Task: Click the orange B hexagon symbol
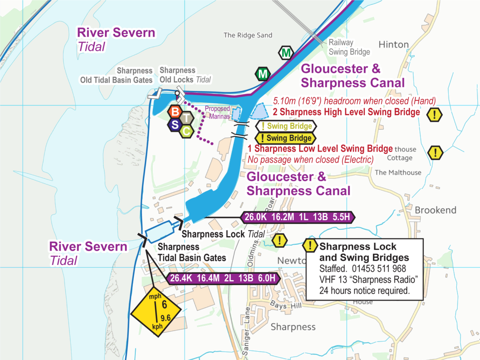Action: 175,112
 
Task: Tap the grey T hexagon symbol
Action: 187,118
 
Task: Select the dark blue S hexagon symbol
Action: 175,125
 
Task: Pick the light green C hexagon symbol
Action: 187,131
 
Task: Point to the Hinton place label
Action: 393,45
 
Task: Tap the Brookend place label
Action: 435,210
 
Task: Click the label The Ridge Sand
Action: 248,35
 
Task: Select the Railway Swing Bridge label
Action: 349,47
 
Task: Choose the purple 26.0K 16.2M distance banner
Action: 297,217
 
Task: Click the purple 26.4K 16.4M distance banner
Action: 223,278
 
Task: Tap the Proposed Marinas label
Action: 218,112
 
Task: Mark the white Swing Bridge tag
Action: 286,126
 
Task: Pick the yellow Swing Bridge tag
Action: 286,138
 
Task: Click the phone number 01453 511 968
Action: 379,269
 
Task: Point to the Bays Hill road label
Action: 286,305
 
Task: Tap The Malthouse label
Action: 398,172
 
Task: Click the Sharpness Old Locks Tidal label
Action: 185,75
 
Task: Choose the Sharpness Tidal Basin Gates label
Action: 192,252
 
